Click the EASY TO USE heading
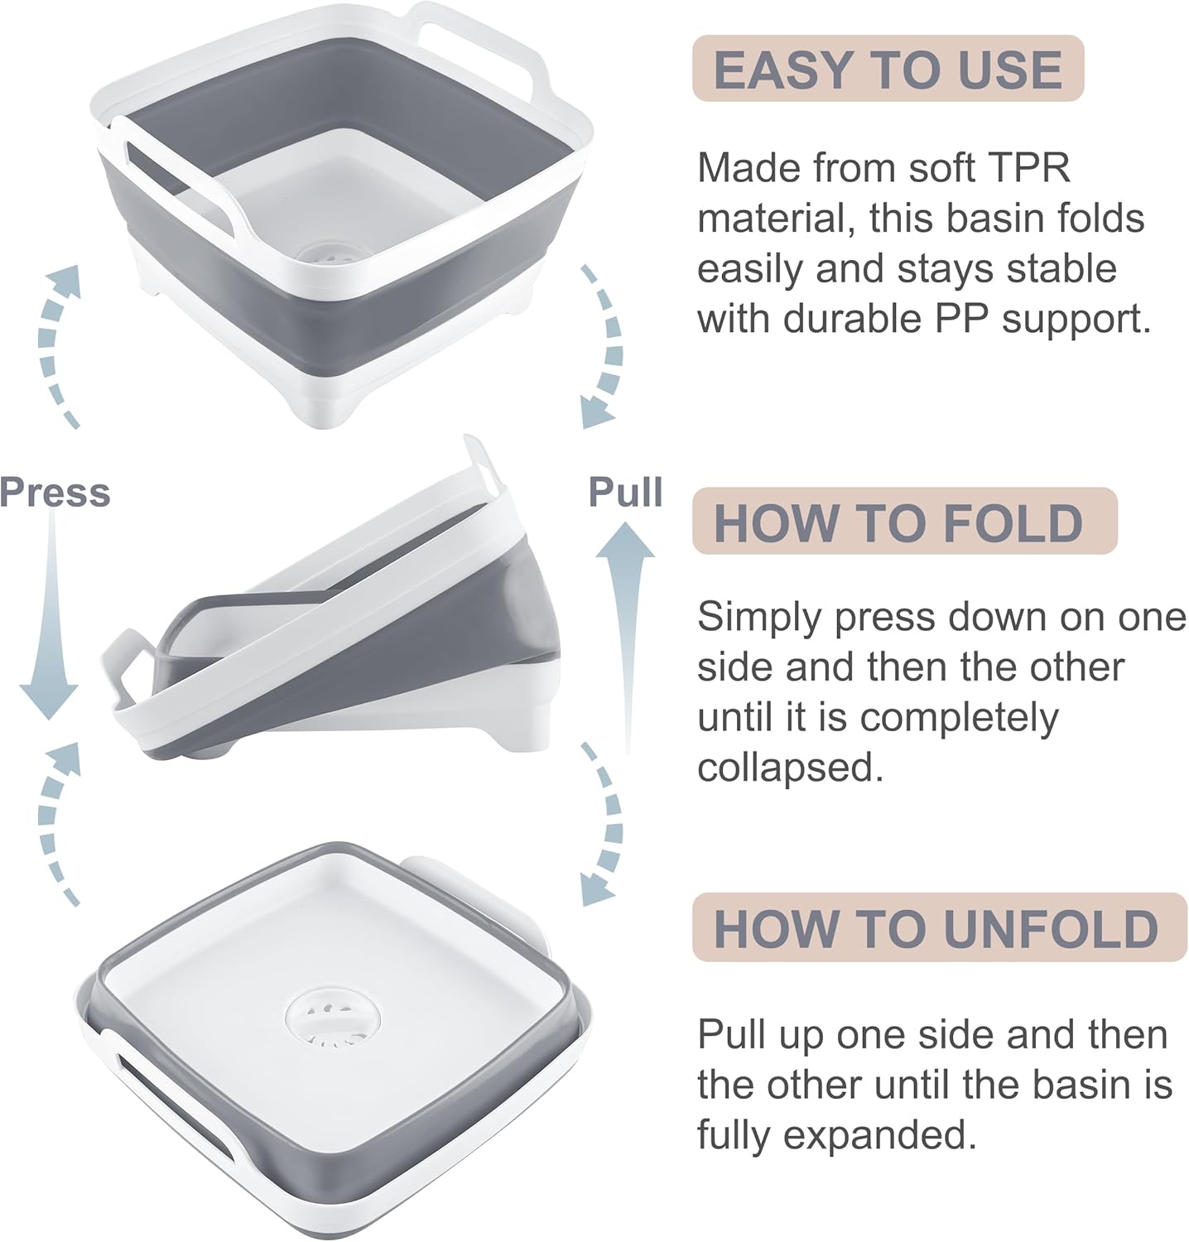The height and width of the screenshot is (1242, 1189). (x=888, y=69)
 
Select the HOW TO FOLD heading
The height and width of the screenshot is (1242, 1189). (x=898, y=522)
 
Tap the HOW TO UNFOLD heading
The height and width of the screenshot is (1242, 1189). (x=936, y=928)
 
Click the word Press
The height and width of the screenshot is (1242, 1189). (x=55, y=492)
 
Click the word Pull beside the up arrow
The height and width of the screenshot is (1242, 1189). (x=625, y=492)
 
